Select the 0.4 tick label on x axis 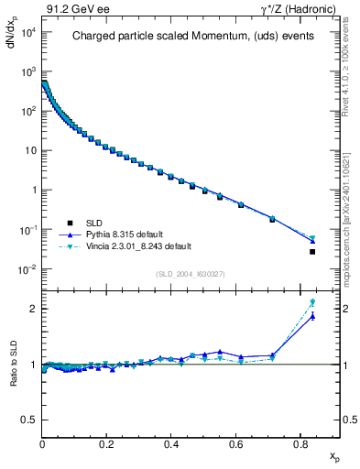click(x=171, y=444)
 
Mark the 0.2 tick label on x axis click(x=107, y=444)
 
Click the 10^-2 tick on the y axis click(x=28, y=269)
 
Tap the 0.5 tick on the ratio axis click(x=30, y=420)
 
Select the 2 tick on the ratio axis click(x=34, y=309)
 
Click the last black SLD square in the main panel click(x=312, y=252)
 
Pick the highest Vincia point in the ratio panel click(x=312, y=302)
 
